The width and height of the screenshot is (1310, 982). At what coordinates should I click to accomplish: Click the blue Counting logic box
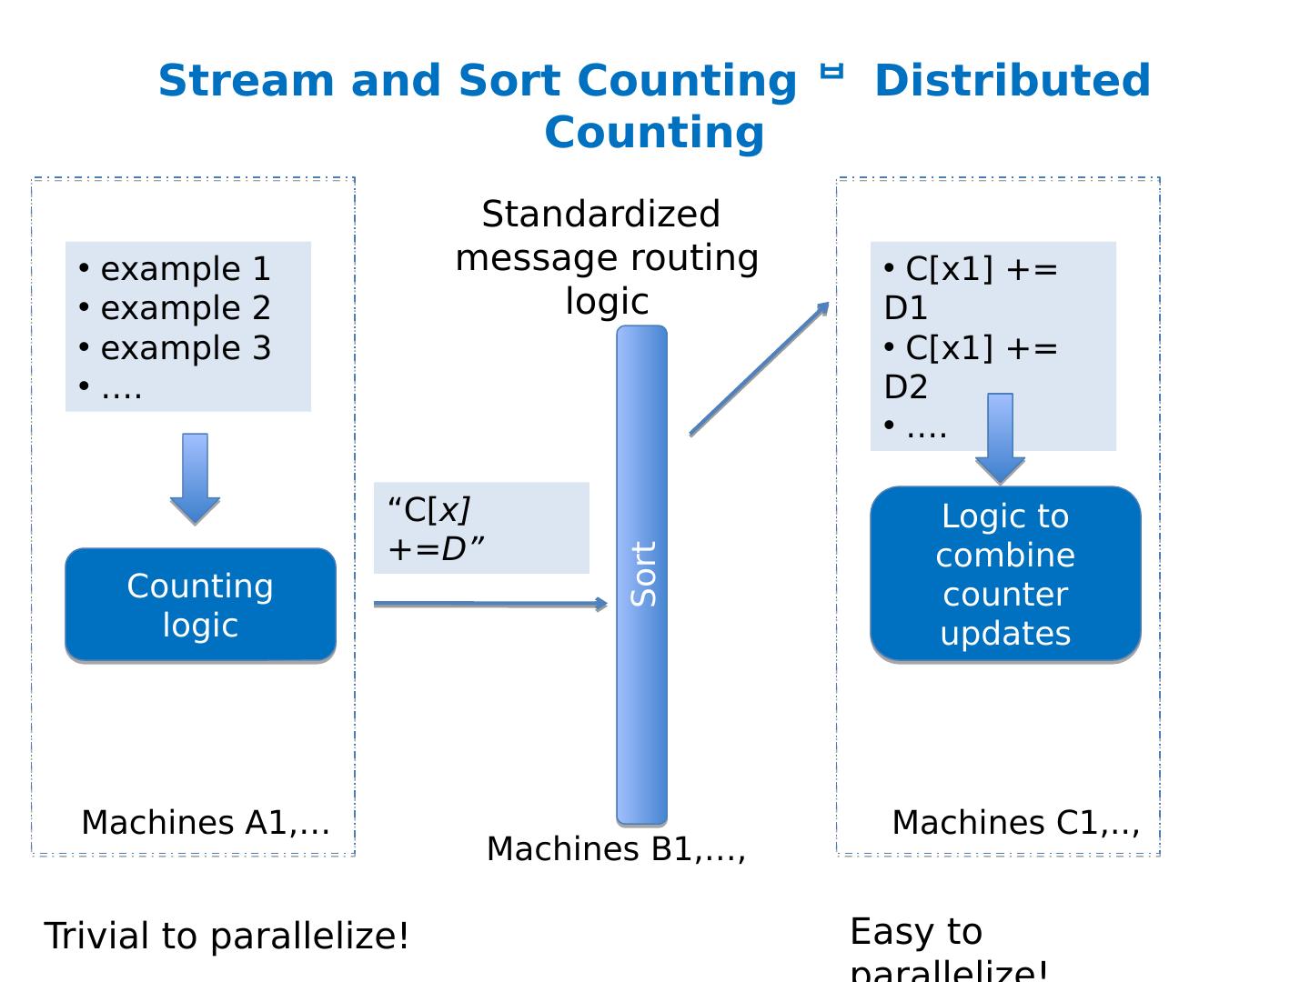[x=200, y=605]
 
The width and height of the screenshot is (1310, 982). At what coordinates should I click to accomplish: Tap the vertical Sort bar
[x=642, y=575]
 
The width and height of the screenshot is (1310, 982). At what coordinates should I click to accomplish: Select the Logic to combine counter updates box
[x=1005, y=574]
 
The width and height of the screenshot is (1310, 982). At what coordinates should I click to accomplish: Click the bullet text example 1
[x=186, y=269]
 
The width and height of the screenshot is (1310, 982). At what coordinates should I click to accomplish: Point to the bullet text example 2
[x=186, y=308]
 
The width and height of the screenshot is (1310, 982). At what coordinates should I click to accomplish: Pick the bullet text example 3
[x=186, y=348]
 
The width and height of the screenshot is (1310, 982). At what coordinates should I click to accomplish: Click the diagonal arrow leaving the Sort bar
[x=760, y=368]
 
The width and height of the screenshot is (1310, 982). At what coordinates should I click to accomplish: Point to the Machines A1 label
[x=206, y=822]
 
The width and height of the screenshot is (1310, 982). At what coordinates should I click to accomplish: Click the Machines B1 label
[x=616, y=848]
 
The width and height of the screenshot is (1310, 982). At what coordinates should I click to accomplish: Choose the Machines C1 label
[x=1015, y=822]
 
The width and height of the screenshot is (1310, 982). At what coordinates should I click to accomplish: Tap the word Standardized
[x=600, y=215]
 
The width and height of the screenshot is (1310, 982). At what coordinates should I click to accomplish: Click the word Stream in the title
[x=247, y=81]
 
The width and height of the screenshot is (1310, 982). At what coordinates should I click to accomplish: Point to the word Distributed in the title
[x=1013, y=81]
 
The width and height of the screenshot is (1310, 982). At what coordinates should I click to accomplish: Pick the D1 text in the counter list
[x=905, y=309]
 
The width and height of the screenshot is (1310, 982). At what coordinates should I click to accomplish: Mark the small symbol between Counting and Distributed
[x=831, y=72]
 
